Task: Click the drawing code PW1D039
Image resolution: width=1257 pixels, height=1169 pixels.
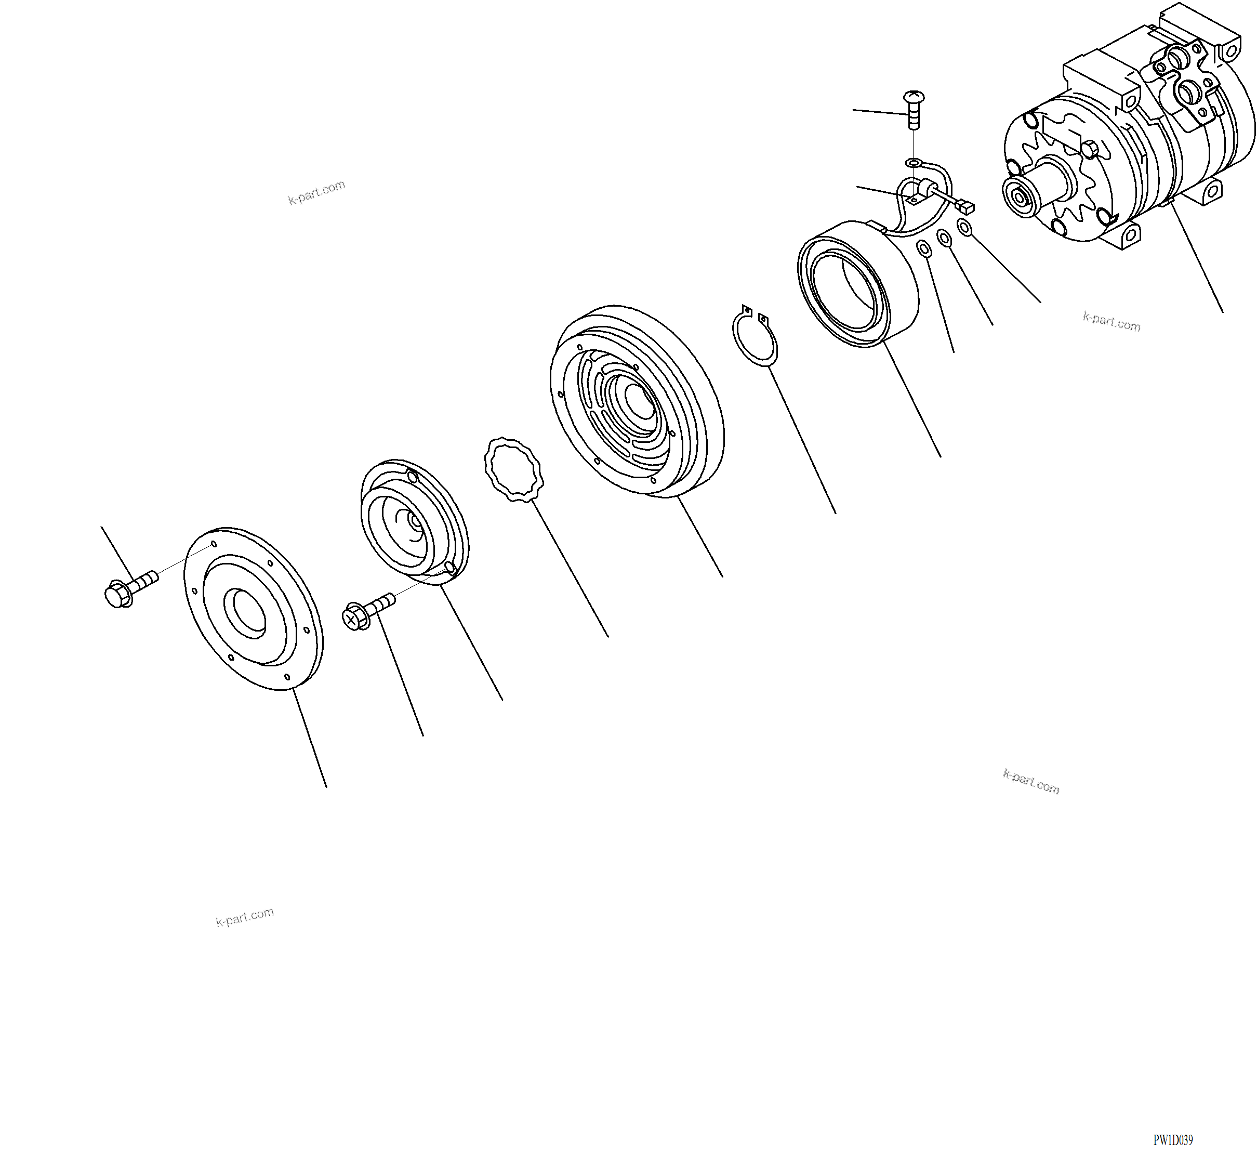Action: (1172, 1140)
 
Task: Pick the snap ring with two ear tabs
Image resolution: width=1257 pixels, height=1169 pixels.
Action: (755, 335)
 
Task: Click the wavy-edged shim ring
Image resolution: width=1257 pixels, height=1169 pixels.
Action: (513, 469)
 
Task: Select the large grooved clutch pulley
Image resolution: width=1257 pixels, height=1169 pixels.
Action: (638, 401)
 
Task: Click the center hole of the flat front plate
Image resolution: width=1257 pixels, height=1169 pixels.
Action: (249, 610)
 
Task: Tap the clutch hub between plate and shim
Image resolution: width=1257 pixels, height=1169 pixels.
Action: (414, 522)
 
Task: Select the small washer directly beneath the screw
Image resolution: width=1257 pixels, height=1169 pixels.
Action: (914, 163)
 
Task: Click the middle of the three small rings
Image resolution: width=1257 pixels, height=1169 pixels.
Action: (944, 239)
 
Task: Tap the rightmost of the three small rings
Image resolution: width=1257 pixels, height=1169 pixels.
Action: (964, 227)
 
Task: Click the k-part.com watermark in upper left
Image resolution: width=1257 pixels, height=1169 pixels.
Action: (316, 192)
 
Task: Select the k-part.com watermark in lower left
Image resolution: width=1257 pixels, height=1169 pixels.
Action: (245, 917)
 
